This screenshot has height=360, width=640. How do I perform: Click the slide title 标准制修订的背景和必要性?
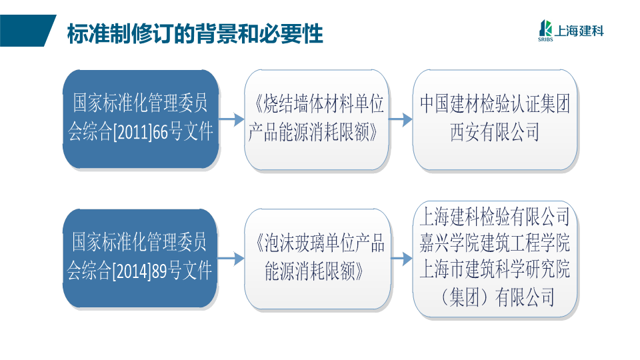pyautogui.click(x=195, y=33)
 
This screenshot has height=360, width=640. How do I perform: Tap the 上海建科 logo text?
pyautogui.click(x=579, y=31)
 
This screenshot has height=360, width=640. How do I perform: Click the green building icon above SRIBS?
pyautogui.click(x=545, y=28)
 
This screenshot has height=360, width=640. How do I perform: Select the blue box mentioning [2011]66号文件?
pyautogui.click(x=141, y=119)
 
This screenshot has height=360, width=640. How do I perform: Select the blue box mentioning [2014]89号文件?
pyautogui.click(x=140, y=259)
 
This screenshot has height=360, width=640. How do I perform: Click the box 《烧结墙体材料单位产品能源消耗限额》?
pyautogui.click(x=316, y=119)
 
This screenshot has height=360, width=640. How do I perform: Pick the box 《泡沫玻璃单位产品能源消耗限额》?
pyautogui.click(x=317, y=259)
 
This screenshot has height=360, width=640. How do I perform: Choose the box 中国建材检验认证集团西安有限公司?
pyautogui.click(x=495, y=119)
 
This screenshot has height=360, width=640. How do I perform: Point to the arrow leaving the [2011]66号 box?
pyautogui.click(x=231, y=119)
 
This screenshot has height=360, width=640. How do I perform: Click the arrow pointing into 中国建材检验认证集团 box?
pyautogui.click(x=401, y=119)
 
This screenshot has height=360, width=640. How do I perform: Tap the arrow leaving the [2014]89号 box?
pyautogui.click(x=231, y=259)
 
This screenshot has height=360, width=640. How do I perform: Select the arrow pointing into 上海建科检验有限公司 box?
pyautogui.click(x=401, y=259)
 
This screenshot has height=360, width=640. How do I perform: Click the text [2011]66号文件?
pyautogui.click(x=163, y=132)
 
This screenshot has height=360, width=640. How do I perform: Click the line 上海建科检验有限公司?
pyautogui.click(x=495, y=216)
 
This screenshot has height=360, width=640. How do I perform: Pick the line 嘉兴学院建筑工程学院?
pyautogui.click(x=495, y=243)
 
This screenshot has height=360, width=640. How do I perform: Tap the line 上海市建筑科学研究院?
pyautogui.click(x=495, y=269)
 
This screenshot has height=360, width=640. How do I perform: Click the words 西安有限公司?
pyautogui.click(x=495, y=132)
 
